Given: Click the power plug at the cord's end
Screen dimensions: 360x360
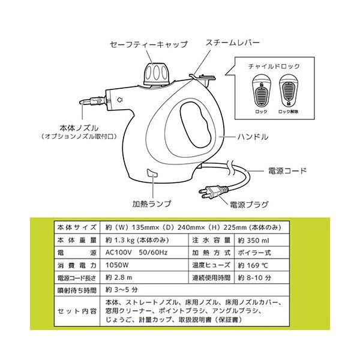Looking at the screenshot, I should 211,193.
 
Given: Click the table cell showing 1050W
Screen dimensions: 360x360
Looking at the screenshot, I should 115,266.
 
